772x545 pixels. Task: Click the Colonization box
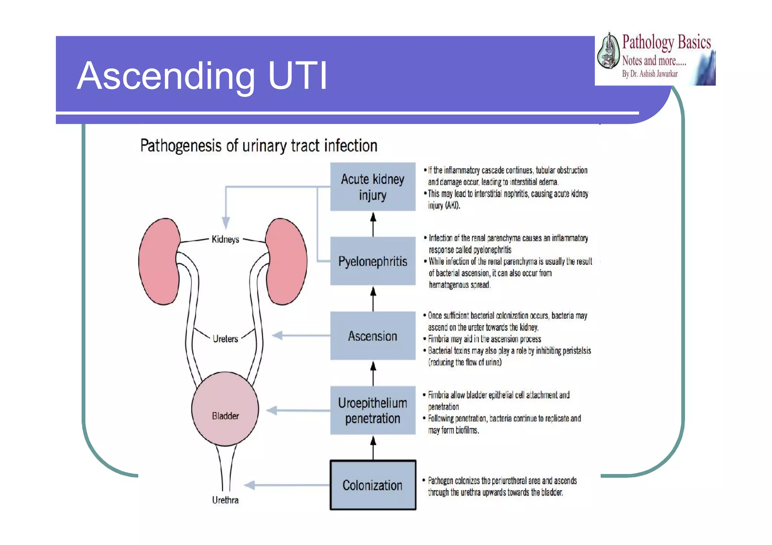tap(373, 485)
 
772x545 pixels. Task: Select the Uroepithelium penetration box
tap(373, 410)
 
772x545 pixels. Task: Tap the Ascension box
tap(373, 336)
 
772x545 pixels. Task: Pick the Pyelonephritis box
tap(373, 261)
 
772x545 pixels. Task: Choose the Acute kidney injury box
tap(373, 187)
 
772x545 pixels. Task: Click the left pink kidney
tap(158, 261)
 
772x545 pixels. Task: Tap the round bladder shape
tap(225, 409)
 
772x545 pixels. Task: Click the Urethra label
tap(225, 500)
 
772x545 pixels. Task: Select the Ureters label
tap(225, 339)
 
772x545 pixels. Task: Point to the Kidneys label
tap(225, 240)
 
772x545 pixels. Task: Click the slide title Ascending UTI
tap(202, 76)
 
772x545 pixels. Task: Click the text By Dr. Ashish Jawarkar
tap(649, 74)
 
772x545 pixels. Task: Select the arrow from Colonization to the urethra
tap(286, 485)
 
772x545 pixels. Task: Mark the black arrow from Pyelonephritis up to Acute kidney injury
tap(373, 224)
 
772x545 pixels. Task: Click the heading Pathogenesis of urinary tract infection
tap(259, 146)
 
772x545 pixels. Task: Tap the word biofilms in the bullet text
tap(467, 431)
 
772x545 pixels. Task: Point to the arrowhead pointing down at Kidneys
tap(225, 223)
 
